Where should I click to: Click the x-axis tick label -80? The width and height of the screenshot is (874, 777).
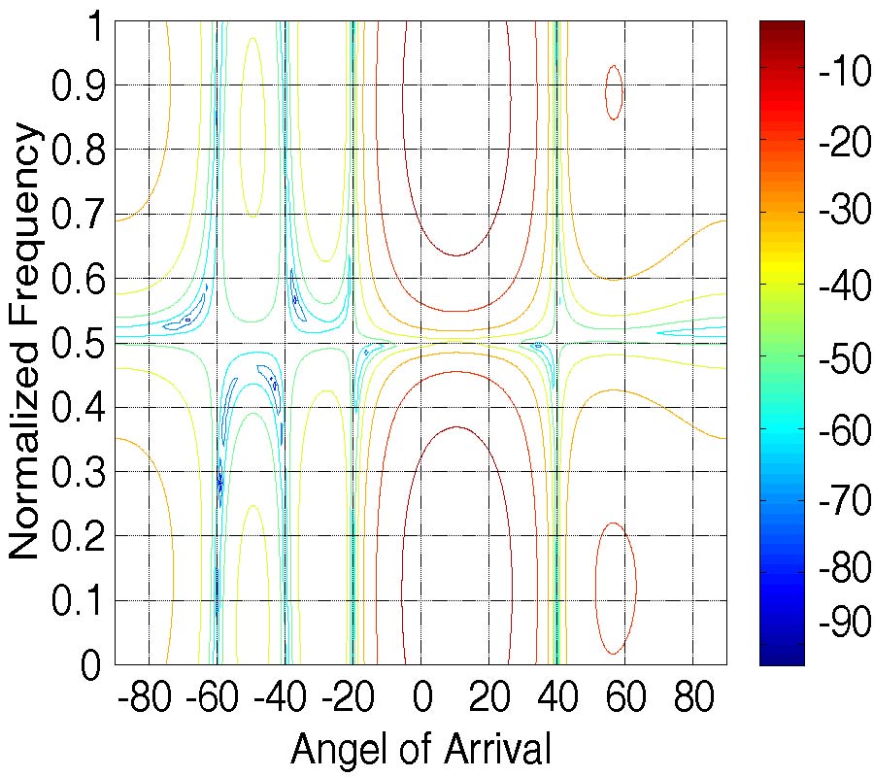[141, 697]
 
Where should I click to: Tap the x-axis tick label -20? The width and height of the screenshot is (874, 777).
[345, 697]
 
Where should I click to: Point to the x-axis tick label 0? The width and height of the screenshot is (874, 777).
[421, 697]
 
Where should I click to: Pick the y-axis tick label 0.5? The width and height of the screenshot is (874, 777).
[77, 343]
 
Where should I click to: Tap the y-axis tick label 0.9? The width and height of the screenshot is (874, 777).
[77, 85]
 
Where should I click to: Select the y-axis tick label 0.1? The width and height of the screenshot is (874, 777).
[77, 600]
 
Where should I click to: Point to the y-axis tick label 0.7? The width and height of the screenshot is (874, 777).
[77, 214]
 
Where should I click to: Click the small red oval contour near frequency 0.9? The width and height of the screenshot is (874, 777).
[614, 92]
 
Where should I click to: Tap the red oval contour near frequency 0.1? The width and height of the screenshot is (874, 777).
[616, 588]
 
